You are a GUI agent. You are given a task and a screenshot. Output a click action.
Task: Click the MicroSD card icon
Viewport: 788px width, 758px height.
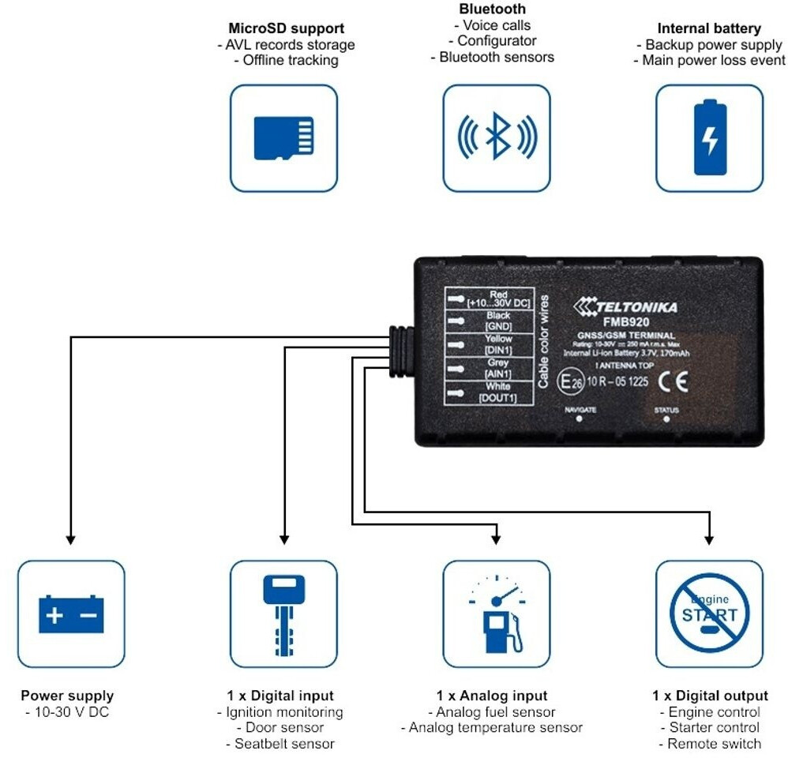click(x=283, y=138)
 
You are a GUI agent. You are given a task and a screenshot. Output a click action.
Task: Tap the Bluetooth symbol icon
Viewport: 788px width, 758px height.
click(x=497, y=138)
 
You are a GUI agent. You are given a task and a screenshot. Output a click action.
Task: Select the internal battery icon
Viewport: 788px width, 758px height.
click(x=710, y=138)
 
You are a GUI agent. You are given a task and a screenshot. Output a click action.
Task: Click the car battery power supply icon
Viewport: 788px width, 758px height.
click(x=71, y=614)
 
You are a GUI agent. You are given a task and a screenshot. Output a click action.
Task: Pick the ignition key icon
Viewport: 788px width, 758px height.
click(x=283, y=614)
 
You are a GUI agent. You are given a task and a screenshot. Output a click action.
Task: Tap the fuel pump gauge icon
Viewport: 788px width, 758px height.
click(x=497, y=614)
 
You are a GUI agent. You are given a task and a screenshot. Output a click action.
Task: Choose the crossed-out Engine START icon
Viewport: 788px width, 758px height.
click(x=710, y=614)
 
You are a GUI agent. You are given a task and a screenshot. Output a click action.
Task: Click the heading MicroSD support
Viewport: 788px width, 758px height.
click(x=287, y=29)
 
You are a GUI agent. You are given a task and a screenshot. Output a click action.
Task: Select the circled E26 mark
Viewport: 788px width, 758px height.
click(x=571, y=382)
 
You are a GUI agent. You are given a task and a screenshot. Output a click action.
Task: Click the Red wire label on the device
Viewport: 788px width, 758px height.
click(x=498, y=299)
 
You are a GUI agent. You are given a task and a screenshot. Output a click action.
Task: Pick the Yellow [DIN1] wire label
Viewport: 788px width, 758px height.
click(x=498, y=343)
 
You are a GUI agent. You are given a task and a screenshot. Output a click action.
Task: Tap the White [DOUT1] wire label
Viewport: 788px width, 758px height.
click(x=498, y=392)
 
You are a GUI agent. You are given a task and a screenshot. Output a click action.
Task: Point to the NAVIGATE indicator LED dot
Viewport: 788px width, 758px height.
click(x=579, y=419)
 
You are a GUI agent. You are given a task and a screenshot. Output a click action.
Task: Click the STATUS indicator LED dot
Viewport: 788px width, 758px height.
click(x=666, y=419)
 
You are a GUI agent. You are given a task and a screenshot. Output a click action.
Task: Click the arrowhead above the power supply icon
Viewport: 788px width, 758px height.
click(x=71, y=540)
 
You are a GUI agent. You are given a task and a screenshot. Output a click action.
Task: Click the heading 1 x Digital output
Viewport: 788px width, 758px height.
click(x=710, y=696)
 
